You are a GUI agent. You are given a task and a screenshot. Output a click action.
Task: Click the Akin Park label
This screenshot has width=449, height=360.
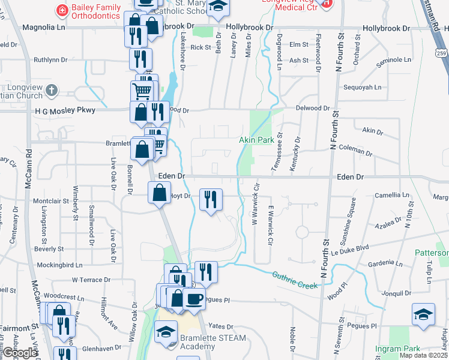pyautogui.click(x=257, y=140)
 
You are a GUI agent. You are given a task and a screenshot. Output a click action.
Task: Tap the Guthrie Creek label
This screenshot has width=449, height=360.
pyautogui.click(x=294, y=280)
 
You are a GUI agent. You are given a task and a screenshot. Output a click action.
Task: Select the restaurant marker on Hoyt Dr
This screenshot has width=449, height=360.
pyautogui.click(x=211, y=199)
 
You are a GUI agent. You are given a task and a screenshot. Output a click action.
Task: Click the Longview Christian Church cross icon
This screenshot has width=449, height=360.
pyautogui.click(x=52, y=91)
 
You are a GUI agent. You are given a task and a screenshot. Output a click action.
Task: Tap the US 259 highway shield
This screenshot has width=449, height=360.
pyautogui.click(x=442, y=54)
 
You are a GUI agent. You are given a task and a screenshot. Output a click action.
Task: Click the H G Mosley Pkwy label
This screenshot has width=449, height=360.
pyautogui.click(x=65, y=110)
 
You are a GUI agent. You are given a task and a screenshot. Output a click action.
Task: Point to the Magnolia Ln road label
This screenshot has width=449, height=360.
pyautogui.click(x=43, y=28)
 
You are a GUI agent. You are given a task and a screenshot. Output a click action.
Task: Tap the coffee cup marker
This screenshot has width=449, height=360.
pyautogui.click(x=193, y=298)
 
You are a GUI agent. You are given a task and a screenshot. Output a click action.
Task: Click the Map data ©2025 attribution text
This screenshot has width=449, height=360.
pyautogui.click(x=424, y=355)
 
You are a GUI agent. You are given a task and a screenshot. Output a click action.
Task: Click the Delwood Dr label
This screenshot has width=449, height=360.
pyautogui.click(x=313, y=108)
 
